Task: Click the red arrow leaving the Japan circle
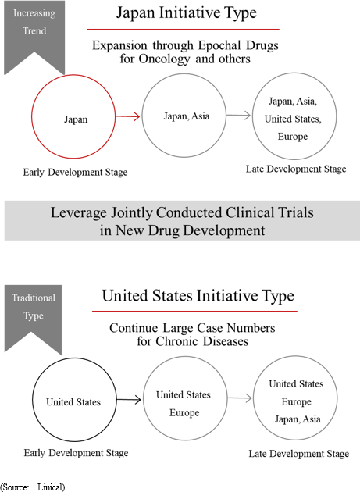(127, 116)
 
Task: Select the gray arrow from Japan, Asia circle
(238, 116)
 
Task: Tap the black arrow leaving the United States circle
(129, 399)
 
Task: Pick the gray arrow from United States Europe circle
(240, 398)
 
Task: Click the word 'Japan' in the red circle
(76, 119)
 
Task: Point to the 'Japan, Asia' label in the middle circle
(187, 116)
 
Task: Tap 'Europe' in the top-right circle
(293, 137)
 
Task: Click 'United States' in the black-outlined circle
(73, 402)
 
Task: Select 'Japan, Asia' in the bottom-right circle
(298, 419)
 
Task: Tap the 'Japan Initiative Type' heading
(187, 13)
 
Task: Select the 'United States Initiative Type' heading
(198, 296)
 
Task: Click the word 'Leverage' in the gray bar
(79, 213)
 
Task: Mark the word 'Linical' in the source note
(52, 487)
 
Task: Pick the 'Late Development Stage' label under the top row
(296, 169)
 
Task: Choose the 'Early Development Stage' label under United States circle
(76, 453)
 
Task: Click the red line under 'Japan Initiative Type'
(184, 29)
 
